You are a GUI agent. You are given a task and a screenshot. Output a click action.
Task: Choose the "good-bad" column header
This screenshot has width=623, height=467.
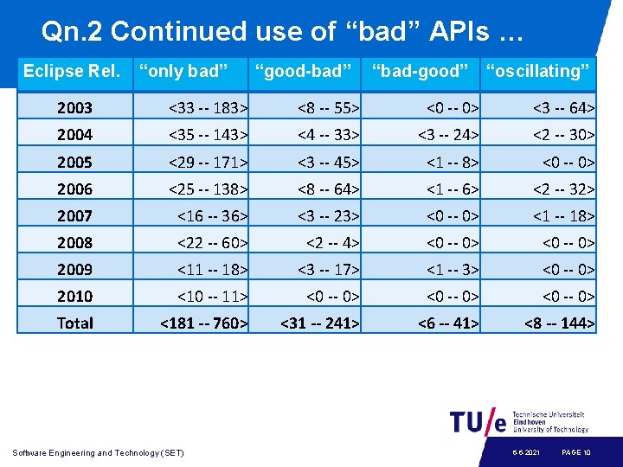point(304,71)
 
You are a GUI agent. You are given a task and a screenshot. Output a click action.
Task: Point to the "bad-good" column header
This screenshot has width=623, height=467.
point(421,71)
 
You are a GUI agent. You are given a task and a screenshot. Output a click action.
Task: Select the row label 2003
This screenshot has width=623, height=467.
point(74,108)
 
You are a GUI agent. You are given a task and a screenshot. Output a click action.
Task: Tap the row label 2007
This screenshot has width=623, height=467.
point(74,215)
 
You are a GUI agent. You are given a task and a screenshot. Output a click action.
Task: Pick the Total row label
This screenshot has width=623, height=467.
point(74,323)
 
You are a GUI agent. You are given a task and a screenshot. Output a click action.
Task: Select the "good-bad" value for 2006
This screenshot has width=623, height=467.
point(328,189)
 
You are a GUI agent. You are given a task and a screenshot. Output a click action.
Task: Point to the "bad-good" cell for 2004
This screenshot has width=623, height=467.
point(448,135)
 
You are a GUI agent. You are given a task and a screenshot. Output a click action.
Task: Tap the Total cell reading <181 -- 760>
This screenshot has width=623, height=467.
point(204,323)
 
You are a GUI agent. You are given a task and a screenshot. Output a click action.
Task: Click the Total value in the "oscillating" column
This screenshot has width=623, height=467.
point(559,323)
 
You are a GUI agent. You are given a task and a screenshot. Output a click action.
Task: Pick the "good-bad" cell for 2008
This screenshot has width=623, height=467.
point(332,242)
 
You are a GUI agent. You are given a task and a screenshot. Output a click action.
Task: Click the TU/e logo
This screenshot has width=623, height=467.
point(478,421)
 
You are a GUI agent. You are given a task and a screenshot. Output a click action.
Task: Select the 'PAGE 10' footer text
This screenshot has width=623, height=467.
point(576,452)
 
